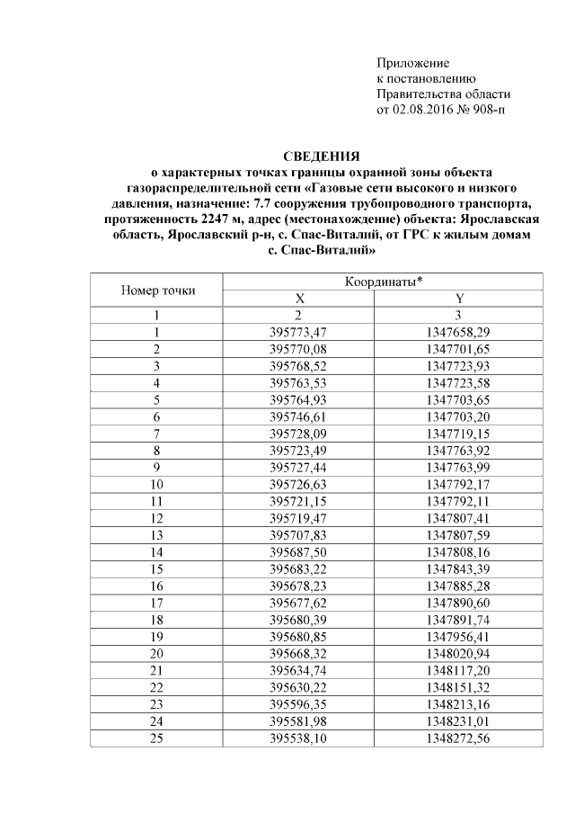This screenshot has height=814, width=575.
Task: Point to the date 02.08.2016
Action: pyautogui.click(x=423, y=110)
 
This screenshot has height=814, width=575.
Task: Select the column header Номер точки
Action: pyautogui.click(x=157, y=291)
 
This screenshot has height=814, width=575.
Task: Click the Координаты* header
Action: pyautogui.click(x=382, y=282)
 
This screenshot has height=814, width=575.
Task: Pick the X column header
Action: pyautogui.click(x=300, y=299)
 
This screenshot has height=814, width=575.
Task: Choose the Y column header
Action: pyautogui.click(x=460, y=299)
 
